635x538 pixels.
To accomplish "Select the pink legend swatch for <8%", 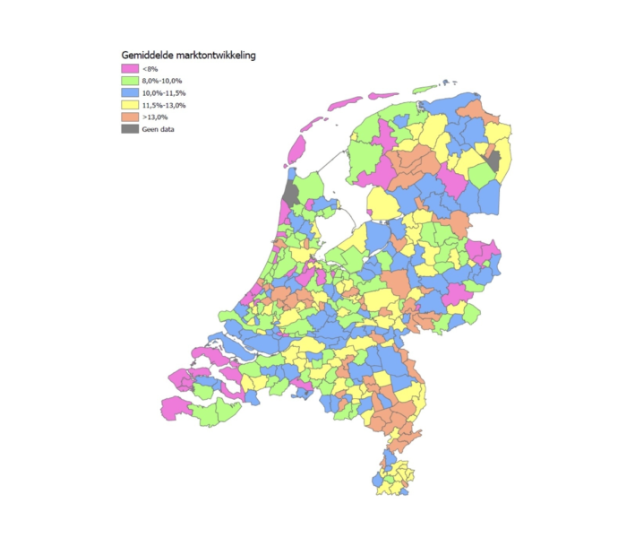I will (130, 68).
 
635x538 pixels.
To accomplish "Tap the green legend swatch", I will (130, 81).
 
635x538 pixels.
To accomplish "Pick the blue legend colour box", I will (130, 93).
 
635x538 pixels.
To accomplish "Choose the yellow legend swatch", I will (130, 105).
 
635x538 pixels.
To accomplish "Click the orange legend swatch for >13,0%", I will (130, 117).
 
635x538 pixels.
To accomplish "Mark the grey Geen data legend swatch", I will (130, 129).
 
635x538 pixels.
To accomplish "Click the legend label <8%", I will (150, 68).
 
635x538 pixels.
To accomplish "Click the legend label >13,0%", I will (156, 117).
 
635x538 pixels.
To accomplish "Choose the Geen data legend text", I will (159, 129).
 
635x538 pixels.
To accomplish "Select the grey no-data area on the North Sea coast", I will (289, 193).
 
